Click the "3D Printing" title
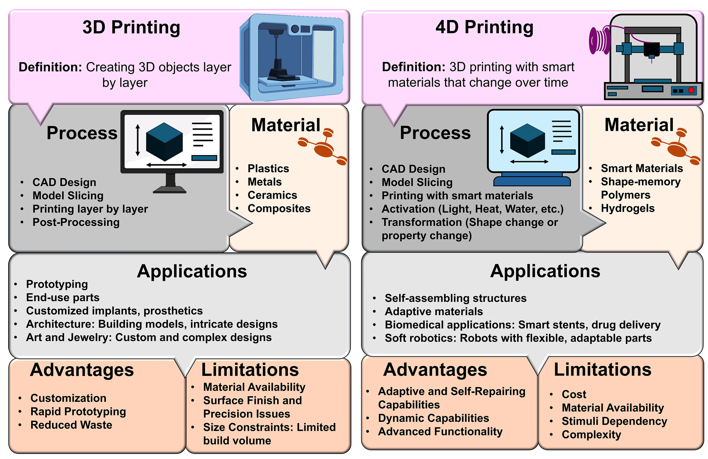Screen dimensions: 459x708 (x=131, y=27)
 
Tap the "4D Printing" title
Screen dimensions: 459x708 (x=484, y=27)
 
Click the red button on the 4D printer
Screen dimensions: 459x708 (x=691, y=90)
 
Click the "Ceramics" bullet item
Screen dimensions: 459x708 (x=272, y=195)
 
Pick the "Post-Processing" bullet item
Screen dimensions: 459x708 (x=76, y=222)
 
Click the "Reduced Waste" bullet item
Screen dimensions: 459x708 (x=71, y=425)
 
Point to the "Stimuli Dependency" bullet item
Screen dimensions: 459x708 (x=614, y=421)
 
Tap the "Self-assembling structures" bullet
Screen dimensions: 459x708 (x=455, y=298)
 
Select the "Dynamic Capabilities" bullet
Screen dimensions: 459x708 (x=433, y=418)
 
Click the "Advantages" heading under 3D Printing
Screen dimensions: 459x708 (x=82, y=370)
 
